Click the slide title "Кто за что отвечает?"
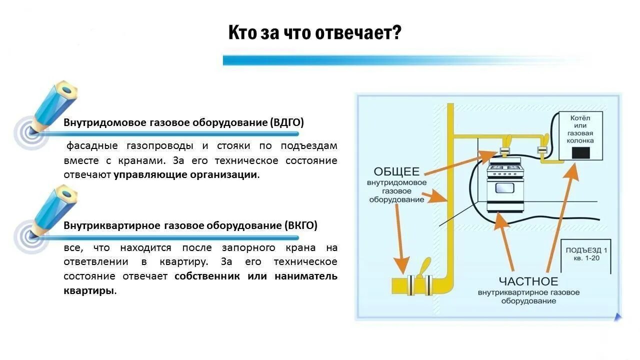tap(315, 33)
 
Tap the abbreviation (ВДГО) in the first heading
tap(286, 122)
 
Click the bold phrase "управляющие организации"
tap(186, 175)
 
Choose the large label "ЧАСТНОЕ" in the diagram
tap(528, 281)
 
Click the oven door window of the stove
tap(505, 188)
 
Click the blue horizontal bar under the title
tap(390, 60)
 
